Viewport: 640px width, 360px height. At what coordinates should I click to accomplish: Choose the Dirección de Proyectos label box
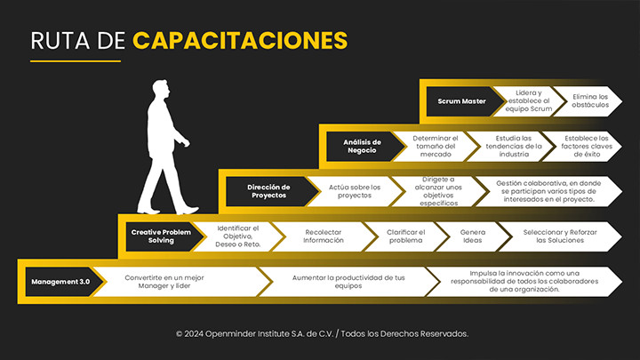(268, 191)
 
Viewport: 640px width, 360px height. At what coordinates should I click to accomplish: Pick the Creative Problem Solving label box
(161, 236)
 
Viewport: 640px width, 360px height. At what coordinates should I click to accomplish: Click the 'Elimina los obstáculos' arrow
(589, 101)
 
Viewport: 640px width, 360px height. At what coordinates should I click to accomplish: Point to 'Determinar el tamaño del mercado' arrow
(436, 146)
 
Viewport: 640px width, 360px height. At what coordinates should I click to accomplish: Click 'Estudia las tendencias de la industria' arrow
(514, 146)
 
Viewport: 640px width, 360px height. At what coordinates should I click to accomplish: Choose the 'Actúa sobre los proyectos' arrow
(354, 191)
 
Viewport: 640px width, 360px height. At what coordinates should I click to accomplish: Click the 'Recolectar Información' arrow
(323, 236)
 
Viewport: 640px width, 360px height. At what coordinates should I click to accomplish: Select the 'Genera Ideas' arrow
(472, 236)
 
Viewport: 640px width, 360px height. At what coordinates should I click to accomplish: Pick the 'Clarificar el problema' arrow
(406, 236)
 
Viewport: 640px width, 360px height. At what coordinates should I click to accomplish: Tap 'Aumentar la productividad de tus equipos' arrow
(348, 282)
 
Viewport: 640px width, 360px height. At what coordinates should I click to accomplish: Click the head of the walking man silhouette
(161, 91)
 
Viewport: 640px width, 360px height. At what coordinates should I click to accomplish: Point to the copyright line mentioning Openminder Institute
(322, 333)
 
